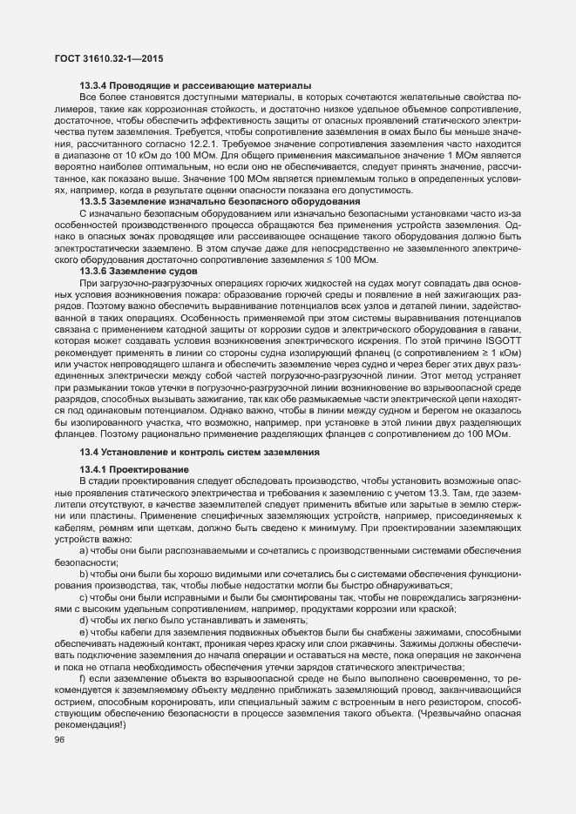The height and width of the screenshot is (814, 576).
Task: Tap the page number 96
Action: [59, 739]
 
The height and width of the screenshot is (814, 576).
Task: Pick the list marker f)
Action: [83, 677]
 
